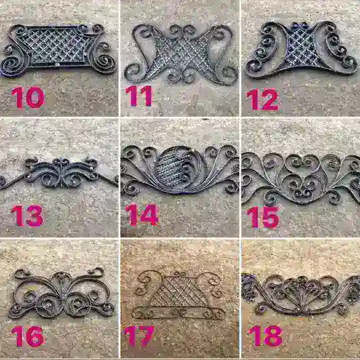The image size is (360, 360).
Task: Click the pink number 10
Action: tap(28, 97)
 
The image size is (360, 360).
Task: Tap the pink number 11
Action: tap(139, 96)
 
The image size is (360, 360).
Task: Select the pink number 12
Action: tap(262, 99)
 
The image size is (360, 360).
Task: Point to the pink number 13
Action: tap(27, 215)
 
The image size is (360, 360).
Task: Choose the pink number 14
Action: tap(141, 215)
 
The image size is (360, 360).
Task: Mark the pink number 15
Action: tap(263, 217)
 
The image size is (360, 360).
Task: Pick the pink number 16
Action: tap(28, 337)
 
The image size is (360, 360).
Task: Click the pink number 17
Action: tap(139, 336)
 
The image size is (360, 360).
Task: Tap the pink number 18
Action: tap(265, 335)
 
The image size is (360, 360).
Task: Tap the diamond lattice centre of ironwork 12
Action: tap(301, 48)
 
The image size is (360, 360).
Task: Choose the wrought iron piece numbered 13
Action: tap(59, 173)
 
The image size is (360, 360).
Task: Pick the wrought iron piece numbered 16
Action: tap(61, 293)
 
